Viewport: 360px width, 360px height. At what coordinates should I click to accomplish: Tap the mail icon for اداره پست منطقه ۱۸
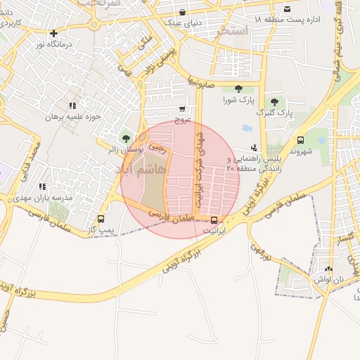(x=287, y=8)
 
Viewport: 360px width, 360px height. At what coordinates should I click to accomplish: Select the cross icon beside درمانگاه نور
(x=53, y=33)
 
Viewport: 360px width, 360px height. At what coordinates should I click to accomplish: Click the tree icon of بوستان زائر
(x=126, y=138)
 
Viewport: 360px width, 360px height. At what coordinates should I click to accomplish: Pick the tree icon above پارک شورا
(x=238, y=89)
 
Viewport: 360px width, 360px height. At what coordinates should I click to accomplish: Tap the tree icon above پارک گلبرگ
(x=274, y=103)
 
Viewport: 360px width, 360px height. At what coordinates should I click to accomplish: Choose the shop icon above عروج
(x=182, y=109)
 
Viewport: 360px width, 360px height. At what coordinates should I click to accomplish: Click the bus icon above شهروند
(x=301, y=140)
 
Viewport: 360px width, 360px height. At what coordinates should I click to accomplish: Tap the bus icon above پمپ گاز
(x=101, y=218)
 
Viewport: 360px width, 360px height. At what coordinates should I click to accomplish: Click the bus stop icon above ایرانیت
(x=214, y=219)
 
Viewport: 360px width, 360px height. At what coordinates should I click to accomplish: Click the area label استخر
(x=234, y=30)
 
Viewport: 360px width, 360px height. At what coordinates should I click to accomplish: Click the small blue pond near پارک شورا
(x=247, y=129)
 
